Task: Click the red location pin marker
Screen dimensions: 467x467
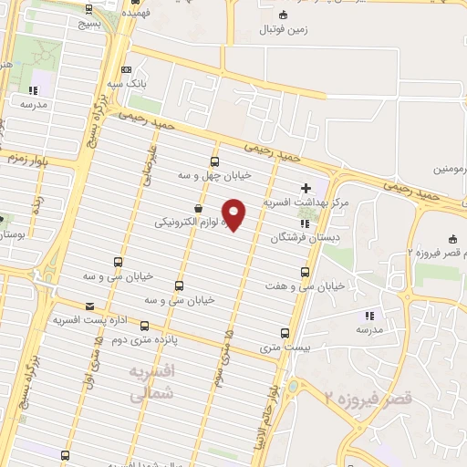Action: pos(234,215)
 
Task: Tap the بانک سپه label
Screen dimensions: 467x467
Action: pos(145,82)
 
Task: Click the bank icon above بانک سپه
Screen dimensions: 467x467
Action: pos(126,68)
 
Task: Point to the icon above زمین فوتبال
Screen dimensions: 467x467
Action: pos(282,15)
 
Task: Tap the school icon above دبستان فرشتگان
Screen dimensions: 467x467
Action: pos(304,223)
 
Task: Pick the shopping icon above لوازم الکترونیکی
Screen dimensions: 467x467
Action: pos(198,208)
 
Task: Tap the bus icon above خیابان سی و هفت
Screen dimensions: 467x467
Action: pos(305,271)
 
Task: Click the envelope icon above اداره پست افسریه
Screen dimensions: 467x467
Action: pos(89,306)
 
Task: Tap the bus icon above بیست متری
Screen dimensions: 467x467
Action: pos(285,333)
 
